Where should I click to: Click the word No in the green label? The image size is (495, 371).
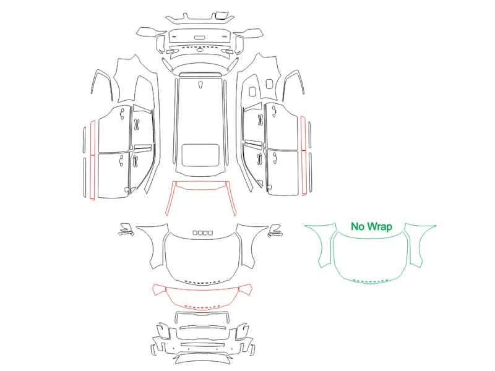pos(358,226)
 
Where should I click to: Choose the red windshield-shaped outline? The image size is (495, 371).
pos(200,189)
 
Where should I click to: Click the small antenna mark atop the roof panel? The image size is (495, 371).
pos(200,85)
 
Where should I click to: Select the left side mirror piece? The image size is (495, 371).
pos(126,229)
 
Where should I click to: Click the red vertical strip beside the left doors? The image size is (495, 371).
pos(93,160)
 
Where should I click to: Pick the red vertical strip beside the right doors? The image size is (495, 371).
pos(303,156)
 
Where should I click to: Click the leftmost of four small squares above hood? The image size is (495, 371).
pos(195,233)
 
